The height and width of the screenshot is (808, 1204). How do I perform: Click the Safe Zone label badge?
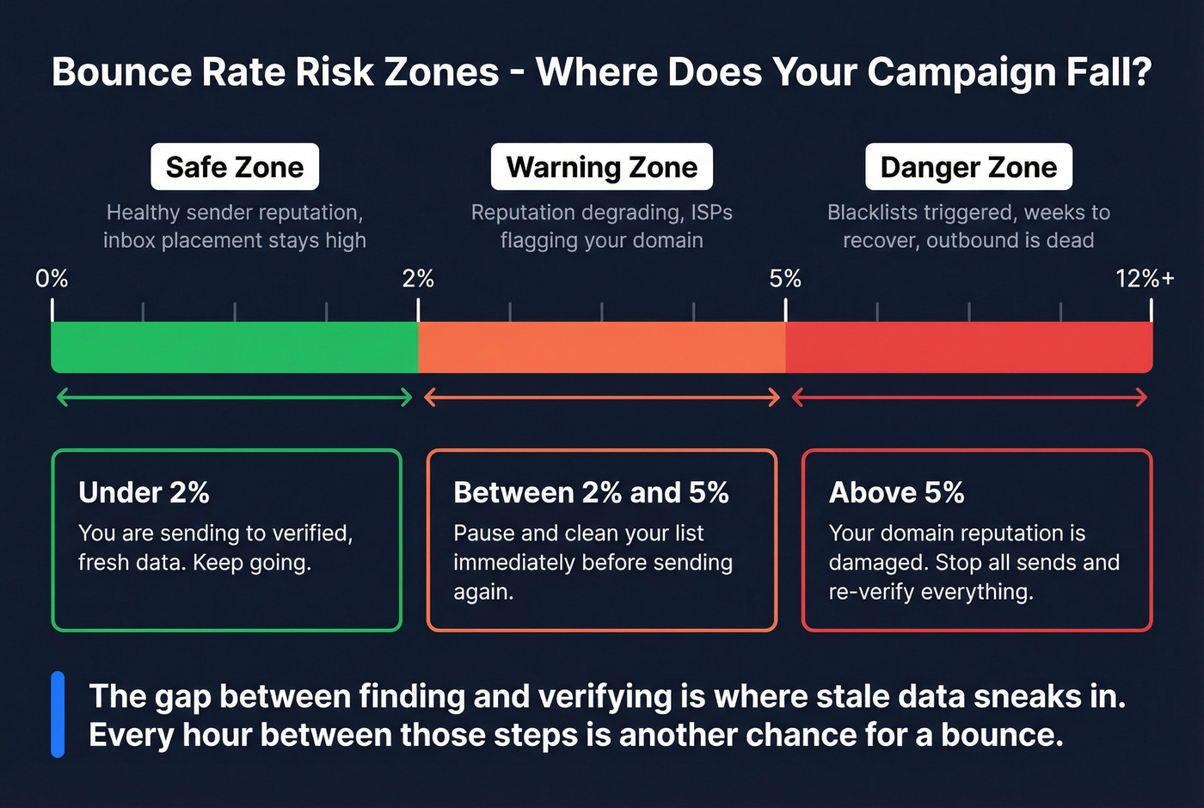pos(235,167)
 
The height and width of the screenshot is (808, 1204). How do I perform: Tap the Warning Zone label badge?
pos(602,167)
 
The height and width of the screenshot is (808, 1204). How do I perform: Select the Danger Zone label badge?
pos(968,167)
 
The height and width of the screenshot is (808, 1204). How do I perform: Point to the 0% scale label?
pos(52,279)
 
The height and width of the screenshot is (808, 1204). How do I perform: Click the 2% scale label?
pos(418,279)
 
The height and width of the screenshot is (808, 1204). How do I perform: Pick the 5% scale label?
pos(785,279)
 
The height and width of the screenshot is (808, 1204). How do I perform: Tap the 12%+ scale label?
pos(1145,279)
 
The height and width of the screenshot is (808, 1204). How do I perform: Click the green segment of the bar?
pos(235,347)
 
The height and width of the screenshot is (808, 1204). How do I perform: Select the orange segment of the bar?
pos(602,347)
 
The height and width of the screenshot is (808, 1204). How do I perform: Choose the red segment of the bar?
pos(968,347)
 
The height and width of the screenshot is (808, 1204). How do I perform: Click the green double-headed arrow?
pos(235,398)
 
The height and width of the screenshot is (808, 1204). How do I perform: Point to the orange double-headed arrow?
pos(602,398)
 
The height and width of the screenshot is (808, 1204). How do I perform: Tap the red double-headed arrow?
pos(969,398)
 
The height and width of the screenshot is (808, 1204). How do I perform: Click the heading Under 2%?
pos(144,492)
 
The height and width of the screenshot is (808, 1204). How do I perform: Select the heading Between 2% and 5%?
pos(591,492)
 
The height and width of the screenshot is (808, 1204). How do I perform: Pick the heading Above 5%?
pos(896,492)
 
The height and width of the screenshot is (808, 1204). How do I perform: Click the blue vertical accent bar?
pos(58,714)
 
